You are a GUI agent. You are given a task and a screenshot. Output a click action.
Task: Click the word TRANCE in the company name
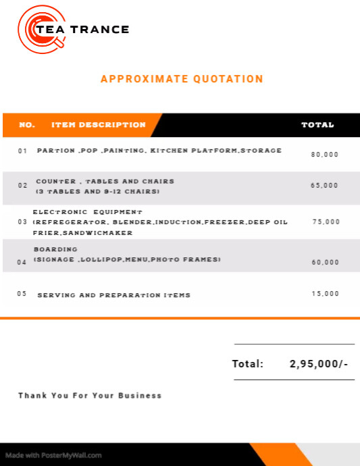(106, 30)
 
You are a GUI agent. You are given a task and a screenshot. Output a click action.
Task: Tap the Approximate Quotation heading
(182, 79)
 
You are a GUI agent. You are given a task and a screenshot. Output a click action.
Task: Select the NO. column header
(27, 125)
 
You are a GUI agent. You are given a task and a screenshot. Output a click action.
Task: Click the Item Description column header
(99, 125)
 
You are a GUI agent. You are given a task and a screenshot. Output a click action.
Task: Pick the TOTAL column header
(317, 125)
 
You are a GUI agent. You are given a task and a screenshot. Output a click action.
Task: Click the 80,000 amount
(325, 155)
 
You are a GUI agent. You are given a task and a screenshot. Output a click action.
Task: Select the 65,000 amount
(325, 185)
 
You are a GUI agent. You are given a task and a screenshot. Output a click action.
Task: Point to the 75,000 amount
(326, 222)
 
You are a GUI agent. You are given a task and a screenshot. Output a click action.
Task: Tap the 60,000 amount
(326, 262)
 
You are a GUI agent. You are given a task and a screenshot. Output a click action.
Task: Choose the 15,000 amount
(326, 294)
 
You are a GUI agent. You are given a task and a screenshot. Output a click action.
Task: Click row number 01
(23, 151)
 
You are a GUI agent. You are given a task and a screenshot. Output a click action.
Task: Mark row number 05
(22, 294)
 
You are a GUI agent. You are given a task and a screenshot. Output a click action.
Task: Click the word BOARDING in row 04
(55, 249)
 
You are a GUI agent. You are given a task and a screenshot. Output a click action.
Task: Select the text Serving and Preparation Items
(113, 295)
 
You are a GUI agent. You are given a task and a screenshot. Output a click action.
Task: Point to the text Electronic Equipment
(88, 212)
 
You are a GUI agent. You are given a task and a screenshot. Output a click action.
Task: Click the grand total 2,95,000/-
(319, 364)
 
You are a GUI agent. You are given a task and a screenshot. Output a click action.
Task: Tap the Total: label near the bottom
(248, 364)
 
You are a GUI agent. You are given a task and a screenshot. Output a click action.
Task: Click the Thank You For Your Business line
(90, 396)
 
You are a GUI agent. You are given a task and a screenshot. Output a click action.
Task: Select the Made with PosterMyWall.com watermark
(53, 455)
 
